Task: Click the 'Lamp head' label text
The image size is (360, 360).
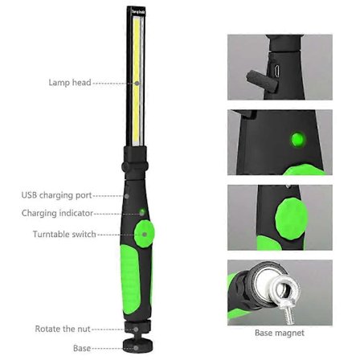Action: click(70, 83)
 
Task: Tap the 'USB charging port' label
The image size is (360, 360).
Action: click(57, 195)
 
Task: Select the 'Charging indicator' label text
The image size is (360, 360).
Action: click(57, 213)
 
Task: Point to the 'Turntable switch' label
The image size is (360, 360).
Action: click(64, 235)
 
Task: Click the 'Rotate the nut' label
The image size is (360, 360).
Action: click(63, 329)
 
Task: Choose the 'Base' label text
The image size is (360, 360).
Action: click(82, 348)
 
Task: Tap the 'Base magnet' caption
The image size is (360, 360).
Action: click(280, 333)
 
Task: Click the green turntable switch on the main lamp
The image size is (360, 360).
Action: click(145, 234)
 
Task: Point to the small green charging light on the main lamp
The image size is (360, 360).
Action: click(142, 212)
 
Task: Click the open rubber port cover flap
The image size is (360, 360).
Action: click(261, 82)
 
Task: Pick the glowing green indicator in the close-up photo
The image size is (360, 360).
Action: click(298, 139)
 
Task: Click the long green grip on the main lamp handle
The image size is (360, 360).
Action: click(130, 279)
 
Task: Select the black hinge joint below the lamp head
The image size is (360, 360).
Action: click(135, 163)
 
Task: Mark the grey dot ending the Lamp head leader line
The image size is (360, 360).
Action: click(137, 84)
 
